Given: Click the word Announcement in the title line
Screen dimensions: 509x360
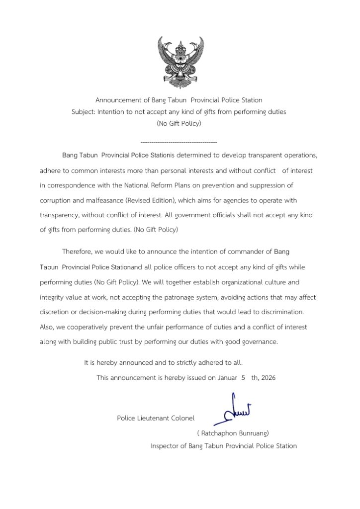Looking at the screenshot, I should click(116, 100).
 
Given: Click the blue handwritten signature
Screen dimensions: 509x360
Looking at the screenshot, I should click(234, 409).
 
